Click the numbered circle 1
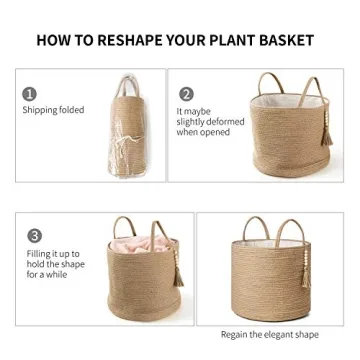click(x=31, y=93)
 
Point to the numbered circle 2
click(x=186, y=93)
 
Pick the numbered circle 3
click(x=35, y=236)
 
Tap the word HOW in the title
click(x=55, y=41)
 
